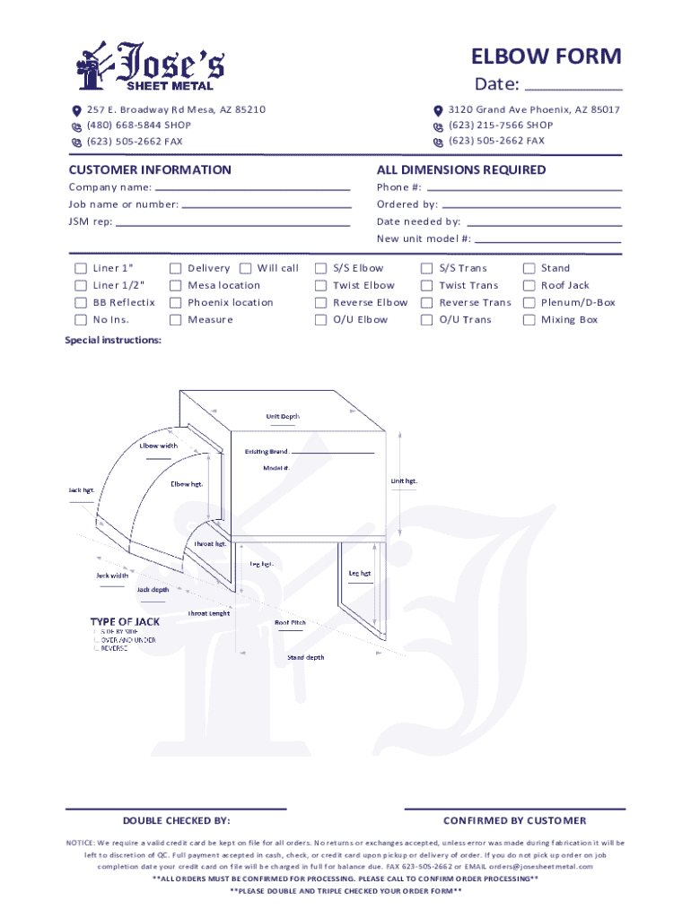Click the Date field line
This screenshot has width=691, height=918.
(572, 90)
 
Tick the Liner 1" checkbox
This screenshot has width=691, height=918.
(81, 268)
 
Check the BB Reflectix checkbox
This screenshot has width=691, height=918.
(81, 303)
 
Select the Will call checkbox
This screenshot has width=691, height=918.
(246, 268)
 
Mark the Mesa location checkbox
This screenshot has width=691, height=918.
(176, 286)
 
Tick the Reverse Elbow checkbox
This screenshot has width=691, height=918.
(320, 303)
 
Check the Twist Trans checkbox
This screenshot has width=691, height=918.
(427, 286)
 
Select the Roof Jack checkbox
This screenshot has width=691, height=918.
(529, 286)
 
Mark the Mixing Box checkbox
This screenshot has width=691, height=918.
(529, 320)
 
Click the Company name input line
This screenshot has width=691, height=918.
(252, 189)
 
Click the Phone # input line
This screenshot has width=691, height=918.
(524, 189)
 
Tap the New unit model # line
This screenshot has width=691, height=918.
(547, 241)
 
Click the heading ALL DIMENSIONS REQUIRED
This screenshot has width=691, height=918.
(461, 170)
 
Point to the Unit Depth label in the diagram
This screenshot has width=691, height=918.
(283, 416)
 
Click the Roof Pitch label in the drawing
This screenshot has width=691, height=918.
(290, 622)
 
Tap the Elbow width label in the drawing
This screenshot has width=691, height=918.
(158, 446)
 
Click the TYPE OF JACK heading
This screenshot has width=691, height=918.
(124, 621)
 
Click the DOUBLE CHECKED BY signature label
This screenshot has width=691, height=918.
(176, 821)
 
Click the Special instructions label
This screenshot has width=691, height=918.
(113, 341)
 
